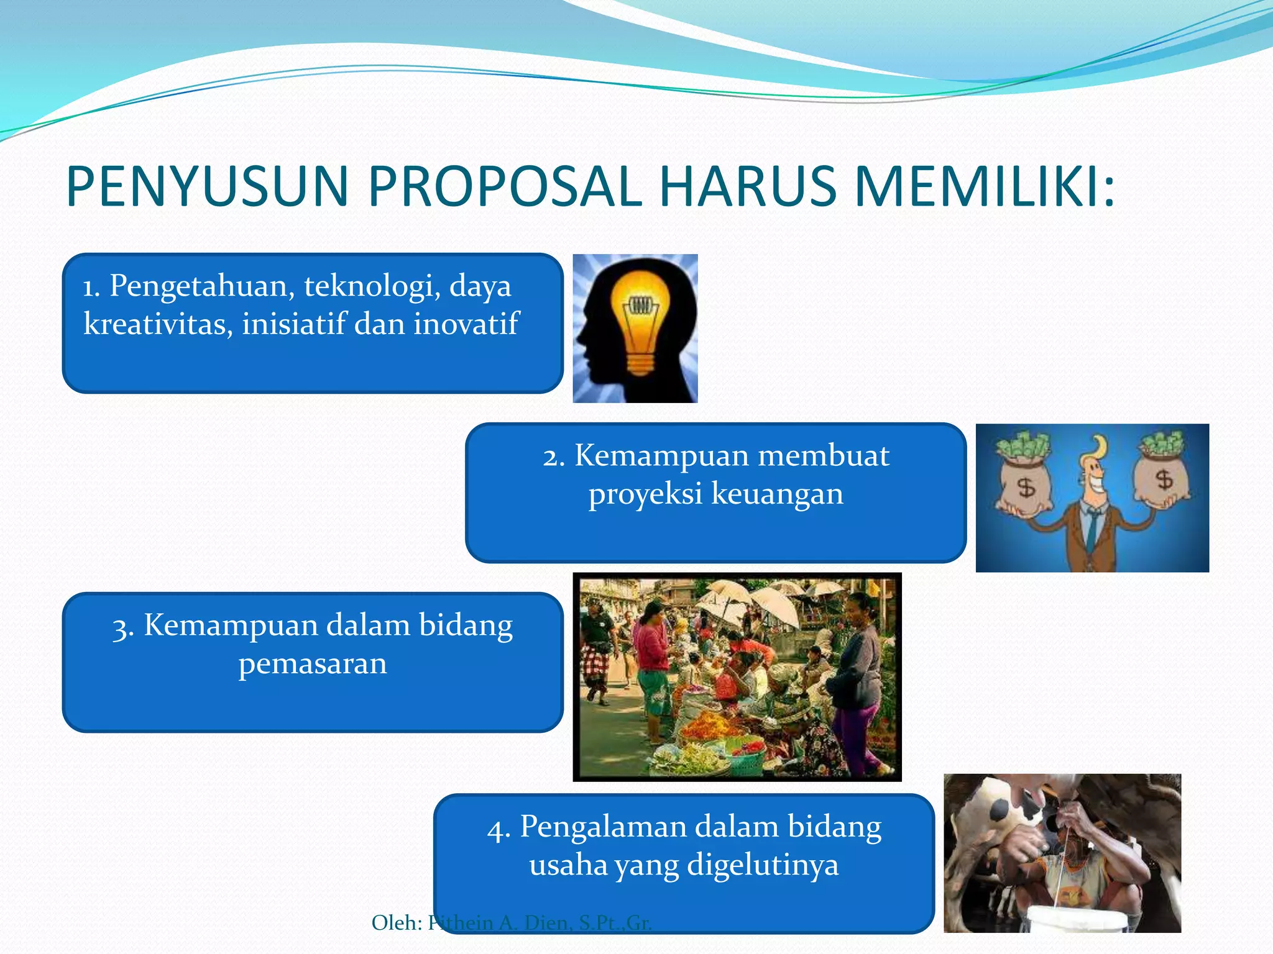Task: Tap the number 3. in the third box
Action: pyautogui.click(x=122, y=627)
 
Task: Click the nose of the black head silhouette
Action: pyautogui.click(x=577, y=338)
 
